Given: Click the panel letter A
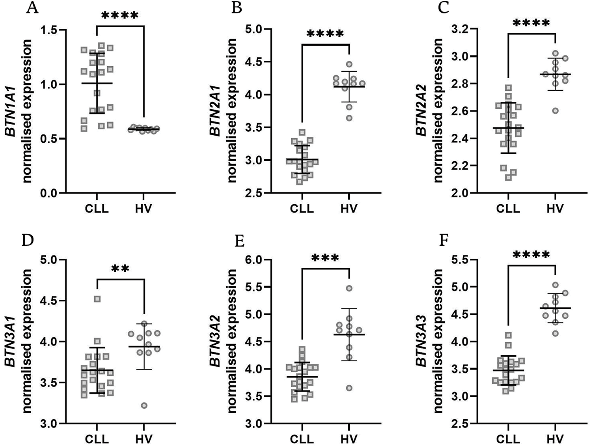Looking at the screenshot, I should coord(32,8).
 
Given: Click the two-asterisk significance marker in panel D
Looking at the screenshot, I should coord(120,269).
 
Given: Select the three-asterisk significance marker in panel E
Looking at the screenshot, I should coord(325,258).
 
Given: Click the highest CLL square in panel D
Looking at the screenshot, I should coord(97,299).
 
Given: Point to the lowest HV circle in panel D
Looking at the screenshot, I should coord(144,405).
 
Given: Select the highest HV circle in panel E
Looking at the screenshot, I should coord(349,288).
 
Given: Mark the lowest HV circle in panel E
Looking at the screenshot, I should coord(349,388).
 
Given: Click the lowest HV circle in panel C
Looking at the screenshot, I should coord(555,111).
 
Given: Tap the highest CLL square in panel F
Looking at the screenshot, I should coord(509,335).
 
